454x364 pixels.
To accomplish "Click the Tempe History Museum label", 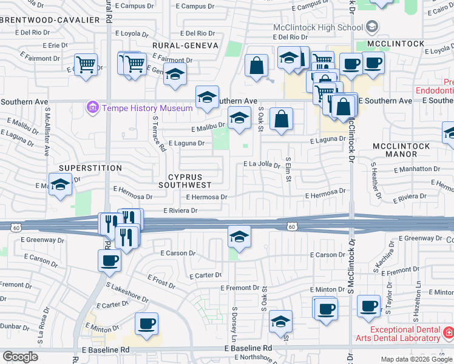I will coord(146,108).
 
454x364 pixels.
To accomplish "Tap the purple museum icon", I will coord(93,108).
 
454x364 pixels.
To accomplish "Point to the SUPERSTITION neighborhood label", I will coord(90,167).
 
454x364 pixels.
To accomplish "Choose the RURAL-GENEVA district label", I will coord(185,45).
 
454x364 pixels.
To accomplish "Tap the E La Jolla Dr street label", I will coord(261,164).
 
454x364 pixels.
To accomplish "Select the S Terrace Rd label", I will coord(159,133).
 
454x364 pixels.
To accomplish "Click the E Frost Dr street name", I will coord(161,280).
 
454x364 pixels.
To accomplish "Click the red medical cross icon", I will coord(448,332).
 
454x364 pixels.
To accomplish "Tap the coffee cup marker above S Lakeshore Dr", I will coord(109,260).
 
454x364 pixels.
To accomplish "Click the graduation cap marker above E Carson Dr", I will coord(239,236).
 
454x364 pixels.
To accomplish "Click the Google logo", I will coord(20,357).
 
